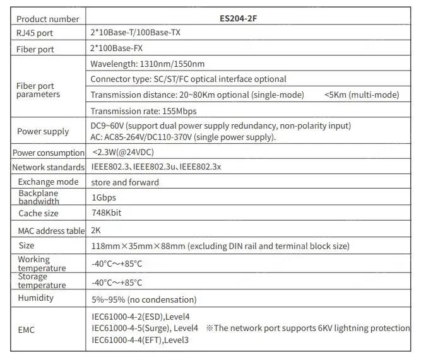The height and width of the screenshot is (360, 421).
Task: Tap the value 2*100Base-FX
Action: (x=120, y=49)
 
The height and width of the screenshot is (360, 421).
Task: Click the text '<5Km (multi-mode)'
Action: (x=361, y=95)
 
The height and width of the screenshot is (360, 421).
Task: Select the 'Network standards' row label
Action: (x=48, y=167)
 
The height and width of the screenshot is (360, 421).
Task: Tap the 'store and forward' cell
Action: (x=125, y=182)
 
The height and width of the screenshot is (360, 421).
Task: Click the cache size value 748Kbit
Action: (x=106, y=212)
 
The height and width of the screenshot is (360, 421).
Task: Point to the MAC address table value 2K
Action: (x=97, y=231)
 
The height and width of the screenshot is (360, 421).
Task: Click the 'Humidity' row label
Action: (x=36, y=298)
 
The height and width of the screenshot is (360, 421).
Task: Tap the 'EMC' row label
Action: (x=28, y=328)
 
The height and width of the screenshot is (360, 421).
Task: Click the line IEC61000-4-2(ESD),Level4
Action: (x=141, y=316)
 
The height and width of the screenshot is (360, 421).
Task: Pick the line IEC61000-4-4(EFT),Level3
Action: (x=140, y=340)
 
